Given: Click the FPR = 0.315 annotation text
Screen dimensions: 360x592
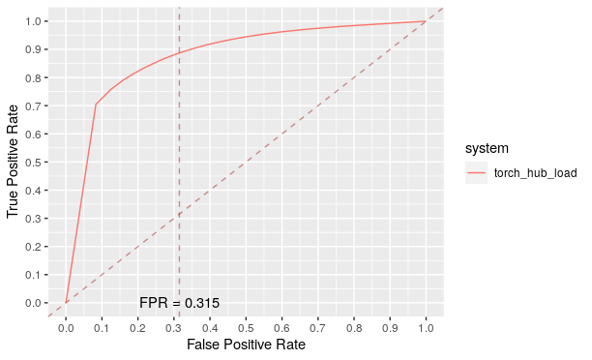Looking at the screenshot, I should pyautogui.click(x=179, y=303).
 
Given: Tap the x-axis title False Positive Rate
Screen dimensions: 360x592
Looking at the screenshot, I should pyautogui.click(x=246, y=345).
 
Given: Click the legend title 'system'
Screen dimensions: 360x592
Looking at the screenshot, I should pyautogui.click(x=487, y=148).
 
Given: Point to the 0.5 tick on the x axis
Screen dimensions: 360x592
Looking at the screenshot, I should pyautogui.click(x=246, y=327).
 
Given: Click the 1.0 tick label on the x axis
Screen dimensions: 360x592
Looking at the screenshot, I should pyautogui.click(x=426, y=327).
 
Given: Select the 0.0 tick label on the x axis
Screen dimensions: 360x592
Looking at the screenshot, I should pyautogui.click(x=66, y=327).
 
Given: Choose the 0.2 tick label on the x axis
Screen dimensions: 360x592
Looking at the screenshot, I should pyautogui.click(x=137, y=327).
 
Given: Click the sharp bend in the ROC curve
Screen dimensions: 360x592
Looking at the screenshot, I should pyautogui.click(x=96, y=105).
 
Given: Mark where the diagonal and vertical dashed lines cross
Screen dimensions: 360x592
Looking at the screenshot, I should pyautogui.click(x=179, y=214).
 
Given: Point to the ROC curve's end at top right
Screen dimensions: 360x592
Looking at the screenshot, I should pyautogui.click(x=426, y=21).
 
